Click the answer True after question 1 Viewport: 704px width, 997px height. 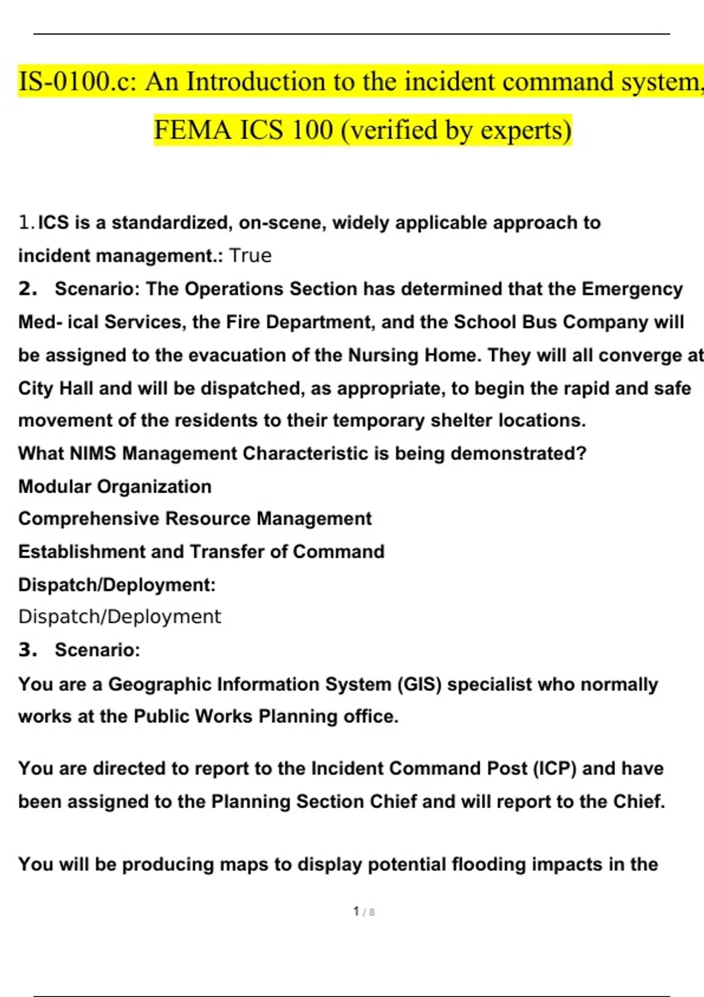click(250, 256)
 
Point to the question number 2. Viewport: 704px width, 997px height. click(28, 289)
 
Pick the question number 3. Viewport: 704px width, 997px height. click(28, 650)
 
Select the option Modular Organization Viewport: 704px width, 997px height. click(115, 487)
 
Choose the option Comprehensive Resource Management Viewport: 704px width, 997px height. click(195, 519)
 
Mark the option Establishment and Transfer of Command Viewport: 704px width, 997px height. click(201, 552)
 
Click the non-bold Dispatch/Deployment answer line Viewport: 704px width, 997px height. click(120, 617)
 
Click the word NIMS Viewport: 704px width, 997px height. click(93, 453)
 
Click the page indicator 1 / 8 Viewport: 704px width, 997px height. click(364, 912)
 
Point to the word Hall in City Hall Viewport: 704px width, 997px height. click(76, 388)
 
